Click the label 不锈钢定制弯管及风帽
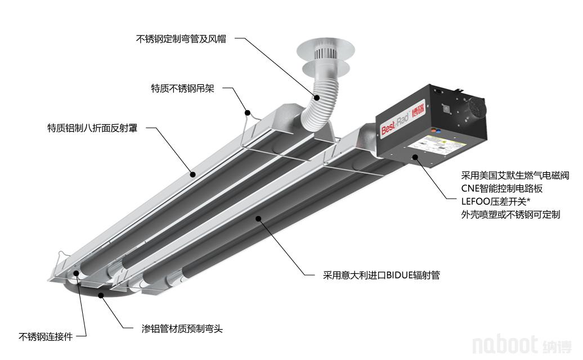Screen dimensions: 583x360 (181, 39)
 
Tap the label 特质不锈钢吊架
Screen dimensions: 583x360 (182, 88)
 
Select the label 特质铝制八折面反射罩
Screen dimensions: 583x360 (92, 128)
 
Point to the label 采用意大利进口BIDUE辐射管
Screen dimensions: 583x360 (382, 275)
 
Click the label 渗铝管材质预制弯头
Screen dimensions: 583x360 (182, 328)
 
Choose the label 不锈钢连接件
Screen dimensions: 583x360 (46, 337)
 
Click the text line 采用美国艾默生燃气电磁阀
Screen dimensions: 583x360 (515, 175)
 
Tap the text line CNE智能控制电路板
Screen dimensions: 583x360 (502, 188)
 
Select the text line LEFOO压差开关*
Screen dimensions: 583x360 (496, 201)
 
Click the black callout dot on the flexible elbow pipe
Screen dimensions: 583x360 (316, 98)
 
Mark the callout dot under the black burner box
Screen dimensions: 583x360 (415, 157)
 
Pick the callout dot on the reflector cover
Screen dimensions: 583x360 (192, 174)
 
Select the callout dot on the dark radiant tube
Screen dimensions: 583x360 (258, 218)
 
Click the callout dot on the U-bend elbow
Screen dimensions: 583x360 (100, 295)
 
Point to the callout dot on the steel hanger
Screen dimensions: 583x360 (247, 112)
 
